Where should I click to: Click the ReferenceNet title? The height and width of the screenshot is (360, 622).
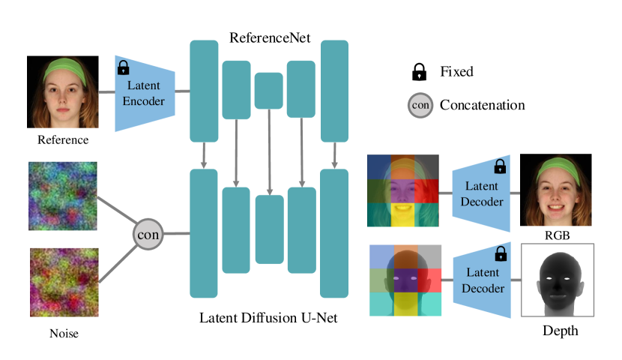(x=270, y=36)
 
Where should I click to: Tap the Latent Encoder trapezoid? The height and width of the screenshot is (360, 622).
(x=145, y=93)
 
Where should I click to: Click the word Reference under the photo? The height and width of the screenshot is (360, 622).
(x=62, y=139)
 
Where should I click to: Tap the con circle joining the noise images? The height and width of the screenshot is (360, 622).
(x=148, y=234)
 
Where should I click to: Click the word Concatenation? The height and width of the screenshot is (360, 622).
(x=483, y=105)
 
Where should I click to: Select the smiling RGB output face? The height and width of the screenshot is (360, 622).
(x=555, y=189)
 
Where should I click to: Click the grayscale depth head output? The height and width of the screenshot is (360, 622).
(x=557, y=279)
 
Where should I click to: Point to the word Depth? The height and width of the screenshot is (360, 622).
(x=558, y=330)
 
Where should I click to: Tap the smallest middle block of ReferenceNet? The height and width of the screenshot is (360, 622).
(x=268, y=91)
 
